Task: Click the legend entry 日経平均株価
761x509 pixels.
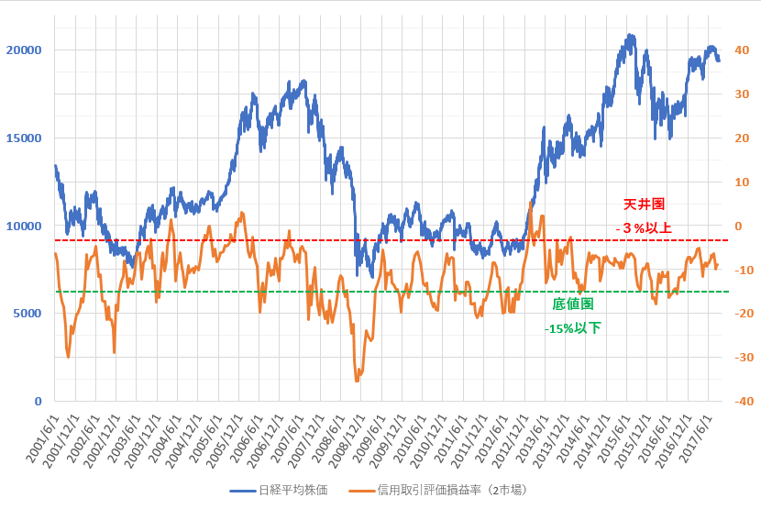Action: (x=279, y=490)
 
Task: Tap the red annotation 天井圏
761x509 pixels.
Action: (x=644, y=204)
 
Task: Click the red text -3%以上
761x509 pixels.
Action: (x=644, y=227)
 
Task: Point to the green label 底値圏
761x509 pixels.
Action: (x=573, y=304)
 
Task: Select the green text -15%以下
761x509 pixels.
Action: (x=573, y=328)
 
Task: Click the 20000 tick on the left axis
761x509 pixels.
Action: (x=24, y=50)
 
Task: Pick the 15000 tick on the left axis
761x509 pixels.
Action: (x=24, y=138)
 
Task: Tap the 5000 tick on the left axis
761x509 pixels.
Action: (x=28, y=314)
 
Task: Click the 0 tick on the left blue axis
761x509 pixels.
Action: (x=38, y=401)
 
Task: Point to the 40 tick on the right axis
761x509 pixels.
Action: (x=742, y=50)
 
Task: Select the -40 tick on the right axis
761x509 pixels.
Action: (x=744, y=401)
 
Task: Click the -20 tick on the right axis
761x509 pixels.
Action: (x=744, y=314)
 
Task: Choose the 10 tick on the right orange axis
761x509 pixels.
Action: (x=742, y=182)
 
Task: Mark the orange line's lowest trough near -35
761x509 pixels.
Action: (x=358, y=381)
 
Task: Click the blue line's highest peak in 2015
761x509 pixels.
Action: (x=631, y=35)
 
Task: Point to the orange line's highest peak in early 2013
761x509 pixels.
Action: (x=531, y=203)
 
